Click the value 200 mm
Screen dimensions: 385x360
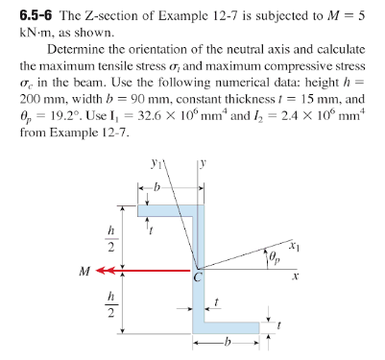coord(42,99)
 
